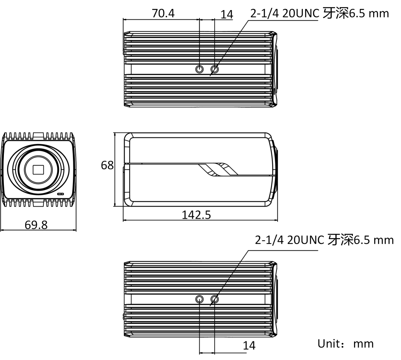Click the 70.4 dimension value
tap(163, 13)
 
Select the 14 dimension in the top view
tap(227, 15)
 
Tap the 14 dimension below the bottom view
tap(249, 346)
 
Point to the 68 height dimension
tap(107, 165)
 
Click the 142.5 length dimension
tap(196, 215)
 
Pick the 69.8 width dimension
tap(36, 225)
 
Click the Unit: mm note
tap(345, 344)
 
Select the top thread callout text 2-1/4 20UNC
tap(285, 13)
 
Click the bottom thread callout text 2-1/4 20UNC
tap(290, 240)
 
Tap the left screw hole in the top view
tap(200, 69)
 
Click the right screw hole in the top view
tap(215, 69)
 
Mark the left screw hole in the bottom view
tap(200, 299)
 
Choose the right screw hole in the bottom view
tap(215, 299)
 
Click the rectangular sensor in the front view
tap(38, 169)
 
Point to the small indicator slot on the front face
tap(60, 194)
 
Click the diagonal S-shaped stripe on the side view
tap(218, 169)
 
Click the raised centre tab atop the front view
tap(38, 135)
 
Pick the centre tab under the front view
tap(38, 204)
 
